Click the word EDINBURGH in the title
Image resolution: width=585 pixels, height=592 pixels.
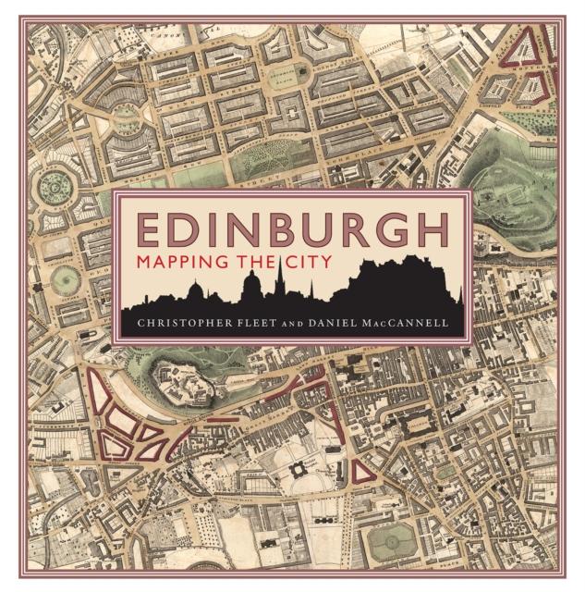(292, 228)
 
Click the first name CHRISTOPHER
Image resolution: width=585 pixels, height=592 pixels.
(192, 324)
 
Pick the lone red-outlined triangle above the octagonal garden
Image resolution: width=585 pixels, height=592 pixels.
(362, 470)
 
